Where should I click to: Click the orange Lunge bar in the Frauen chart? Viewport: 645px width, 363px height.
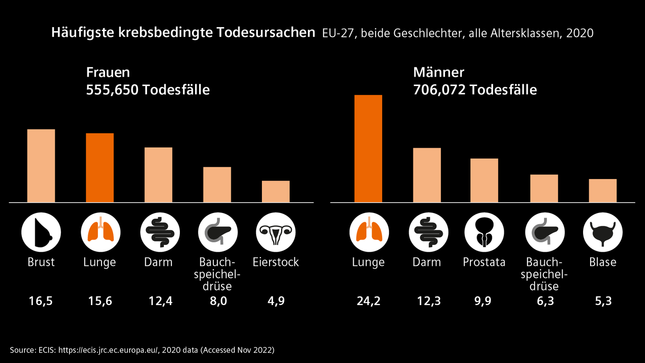coord(100,167)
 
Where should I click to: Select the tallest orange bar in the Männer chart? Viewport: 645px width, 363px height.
coord(368,148)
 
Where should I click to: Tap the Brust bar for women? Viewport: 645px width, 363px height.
coord(41,166)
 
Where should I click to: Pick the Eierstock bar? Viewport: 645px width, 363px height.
coord(276,192)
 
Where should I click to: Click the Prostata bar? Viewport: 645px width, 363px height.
coord(484,180)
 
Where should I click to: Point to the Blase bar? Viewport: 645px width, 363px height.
coord(603,191)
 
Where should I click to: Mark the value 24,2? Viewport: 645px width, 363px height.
coord(368,301)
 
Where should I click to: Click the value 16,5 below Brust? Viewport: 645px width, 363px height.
coord(41,301)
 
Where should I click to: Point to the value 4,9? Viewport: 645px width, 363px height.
coord(275,301)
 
